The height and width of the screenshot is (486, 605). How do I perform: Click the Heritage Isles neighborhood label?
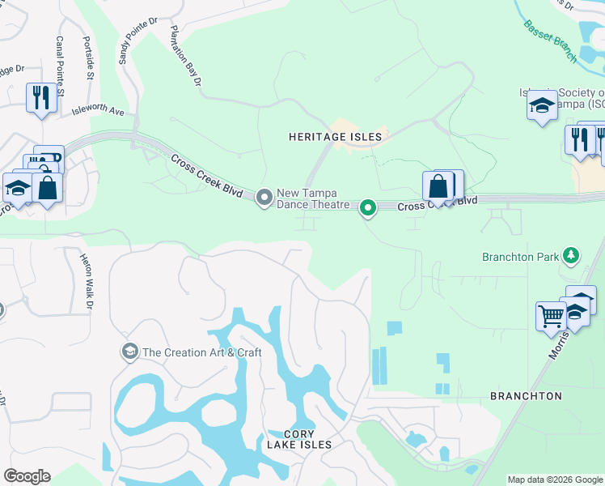pos(335,137)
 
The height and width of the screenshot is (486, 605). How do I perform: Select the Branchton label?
pos(526,396)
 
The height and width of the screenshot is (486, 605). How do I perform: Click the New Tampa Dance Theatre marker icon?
pos(264,198)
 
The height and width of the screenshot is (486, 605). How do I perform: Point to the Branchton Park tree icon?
pos(572,257)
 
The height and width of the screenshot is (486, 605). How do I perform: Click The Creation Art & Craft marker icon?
pos(129,352)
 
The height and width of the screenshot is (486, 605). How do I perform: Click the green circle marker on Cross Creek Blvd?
pos(368,209)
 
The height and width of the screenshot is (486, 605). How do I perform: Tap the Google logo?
pos(27,476)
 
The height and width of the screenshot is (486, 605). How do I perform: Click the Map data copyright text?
pos(554,480)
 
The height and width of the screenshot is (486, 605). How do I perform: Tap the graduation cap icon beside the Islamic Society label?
pos(541,105)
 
